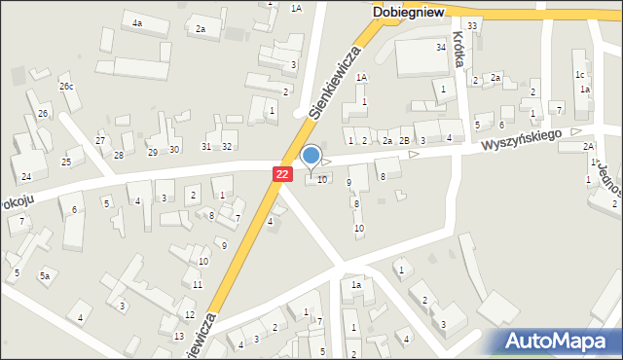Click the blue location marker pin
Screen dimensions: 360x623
pyautogui.click(x=311, y=155)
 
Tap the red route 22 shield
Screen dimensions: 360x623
pyautogui.click(x=281, y=173)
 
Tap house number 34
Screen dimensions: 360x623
pyautogui.click(x=441, y=47)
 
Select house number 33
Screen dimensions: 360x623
pyautogui.click(x=472, y=25)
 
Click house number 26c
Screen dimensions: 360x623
pyautogui.click(x=65, y=87)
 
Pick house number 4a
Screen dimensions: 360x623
pyautogui.click(x=137, y=22)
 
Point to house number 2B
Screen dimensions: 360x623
pyautogui.click(x=404, y=141)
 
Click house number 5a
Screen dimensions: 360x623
pyautogui.click(x=45, y=276)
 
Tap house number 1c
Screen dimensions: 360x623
pyautogui.click(x=580, y=74)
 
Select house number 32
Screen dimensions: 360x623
pyautogui.click(x=227, y=146)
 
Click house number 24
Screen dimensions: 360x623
pyautogui.click(x=26, y=176)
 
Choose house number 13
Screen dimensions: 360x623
pyautogui.click(x=178, y=336)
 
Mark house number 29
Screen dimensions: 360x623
pyautogui.click(x=152, y=152)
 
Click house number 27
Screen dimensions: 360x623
pyautogui.click(x=100, y=141)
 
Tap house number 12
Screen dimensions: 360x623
pyautogui.click(x=189, y=314)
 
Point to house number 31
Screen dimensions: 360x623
pyautogui.click(x=205, y=146)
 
